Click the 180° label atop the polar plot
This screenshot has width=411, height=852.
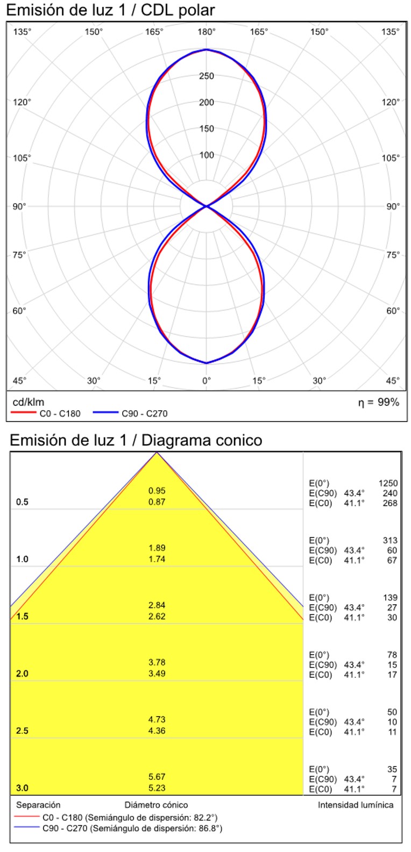tap(206, 32)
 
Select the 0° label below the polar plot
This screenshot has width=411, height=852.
tap(206, 381)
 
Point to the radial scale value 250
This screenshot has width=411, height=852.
tap(207, 76)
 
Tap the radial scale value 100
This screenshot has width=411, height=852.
tap(207, 155)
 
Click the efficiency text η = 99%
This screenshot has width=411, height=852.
tap(379, 403)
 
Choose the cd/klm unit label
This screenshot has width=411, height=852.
tap(29, 402)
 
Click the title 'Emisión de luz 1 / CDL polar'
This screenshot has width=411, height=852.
tap(110, 10)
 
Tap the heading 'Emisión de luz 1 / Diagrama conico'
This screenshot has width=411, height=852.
tap(136, 440)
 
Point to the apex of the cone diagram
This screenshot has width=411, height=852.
tap(157, 453)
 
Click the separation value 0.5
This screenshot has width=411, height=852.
tap(22, 502)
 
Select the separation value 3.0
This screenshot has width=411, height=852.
tap(22, 788)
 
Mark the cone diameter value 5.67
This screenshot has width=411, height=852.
tap(157, 777)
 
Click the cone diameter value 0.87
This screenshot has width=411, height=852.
tap(157, 502)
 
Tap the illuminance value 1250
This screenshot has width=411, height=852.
tap(388, 483)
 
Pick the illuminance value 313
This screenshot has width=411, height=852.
tap(390, 540)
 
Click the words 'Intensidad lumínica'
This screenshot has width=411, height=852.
tap(355, 805)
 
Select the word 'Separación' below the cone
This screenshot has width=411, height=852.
tap(38, 805)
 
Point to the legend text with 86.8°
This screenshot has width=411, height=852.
tap(132, 828)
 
